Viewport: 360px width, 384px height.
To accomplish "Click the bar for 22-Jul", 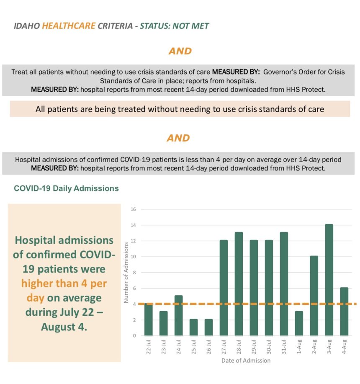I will click(148, 320).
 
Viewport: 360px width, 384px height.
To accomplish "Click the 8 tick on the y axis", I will click(134, 273).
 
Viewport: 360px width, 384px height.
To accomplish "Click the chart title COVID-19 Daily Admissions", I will click(66, 188).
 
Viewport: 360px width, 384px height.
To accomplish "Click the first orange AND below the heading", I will click(180, 51).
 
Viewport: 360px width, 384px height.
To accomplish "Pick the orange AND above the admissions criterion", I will click(178, 138).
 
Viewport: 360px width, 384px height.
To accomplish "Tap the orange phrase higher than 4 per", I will click(64, 283).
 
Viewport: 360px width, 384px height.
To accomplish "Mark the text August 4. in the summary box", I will click(64, 327).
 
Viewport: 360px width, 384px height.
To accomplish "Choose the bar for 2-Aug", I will click(314, 296).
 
